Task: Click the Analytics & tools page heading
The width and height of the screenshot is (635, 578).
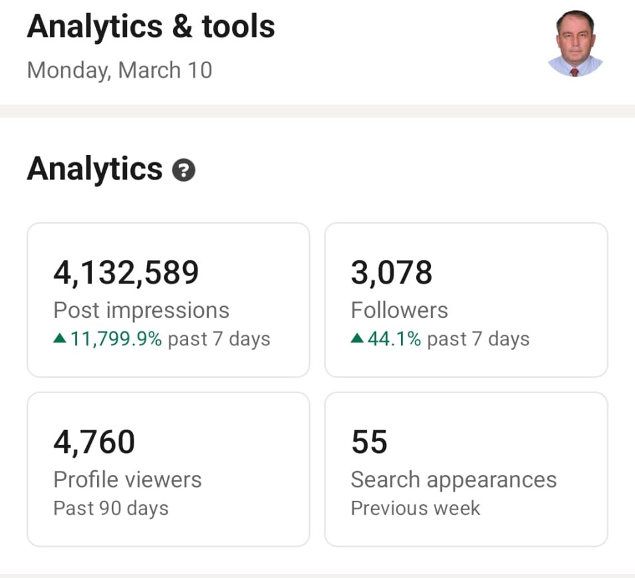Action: (151, 27)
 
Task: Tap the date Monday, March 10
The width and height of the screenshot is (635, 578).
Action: (120, 70)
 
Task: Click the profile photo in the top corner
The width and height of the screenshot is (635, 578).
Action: (575, 43)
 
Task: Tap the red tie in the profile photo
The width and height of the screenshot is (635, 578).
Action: (574, 72)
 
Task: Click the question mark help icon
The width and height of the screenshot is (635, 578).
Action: (184, 170)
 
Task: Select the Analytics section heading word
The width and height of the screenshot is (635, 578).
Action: (95, 170)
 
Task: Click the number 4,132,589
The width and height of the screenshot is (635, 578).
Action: (126, 273)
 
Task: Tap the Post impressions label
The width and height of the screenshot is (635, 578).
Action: (142, 311)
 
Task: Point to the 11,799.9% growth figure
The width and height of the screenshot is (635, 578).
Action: (116, 339)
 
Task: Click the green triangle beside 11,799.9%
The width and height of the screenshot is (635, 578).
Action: (60, 338)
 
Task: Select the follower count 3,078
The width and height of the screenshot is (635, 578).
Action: (392, 273)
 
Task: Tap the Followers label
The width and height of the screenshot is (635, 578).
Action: (400, 311)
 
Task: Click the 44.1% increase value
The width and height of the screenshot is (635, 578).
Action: (394, 339)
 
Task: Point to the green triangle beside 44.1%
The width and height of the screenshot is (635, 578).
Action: (357, 338)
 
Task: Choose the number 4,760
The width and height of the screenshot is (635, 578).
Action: (94, 442)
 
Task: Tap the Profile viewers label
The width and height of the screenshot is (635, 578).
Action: (128, 480)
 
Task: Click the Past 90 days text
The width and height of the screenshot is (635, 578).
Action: (111, 508)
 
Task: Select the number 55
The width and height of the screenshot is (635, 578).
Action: (369, 442)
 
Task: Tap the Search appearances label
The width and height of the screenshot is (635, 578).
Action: (454, 480)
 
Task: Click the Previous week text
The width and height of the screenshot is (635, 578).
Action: (416, 508)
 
